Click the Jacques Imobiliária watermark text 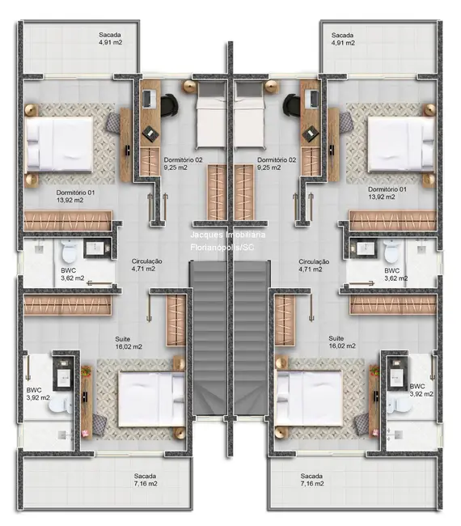(x=231, y=234)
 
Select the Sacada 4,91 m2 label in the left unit (x=111, y=40)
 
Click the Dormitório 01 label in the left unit (x=76, y=196)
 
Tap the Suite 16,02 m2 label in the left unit (x=129, y=341)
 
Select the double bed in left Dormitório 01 (x=58, y=142)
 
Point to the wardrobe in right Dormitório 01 (x=393, y=219)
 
